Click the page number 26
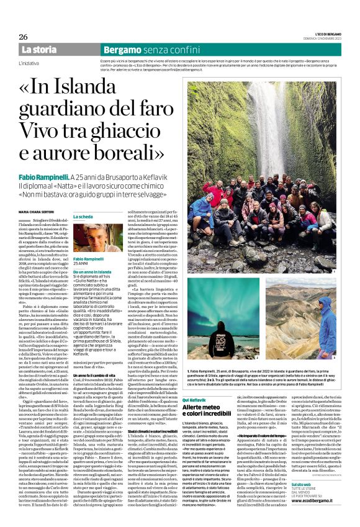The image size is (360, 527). (x=23, y=37)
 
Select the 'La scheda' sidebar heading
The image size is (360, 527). (x=81, y=217)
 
